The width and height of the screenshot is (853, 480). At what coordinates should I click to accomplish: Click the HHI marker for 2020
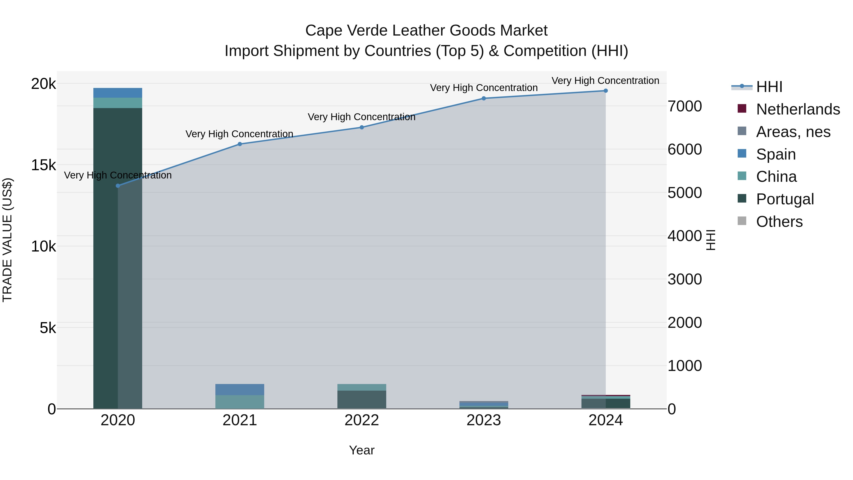point(118,186)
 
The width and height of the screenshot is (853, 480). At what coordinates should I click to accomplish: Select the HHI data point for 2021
point(240,144)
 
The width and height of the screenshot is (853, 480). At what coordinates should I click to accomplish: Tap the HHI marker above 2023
point(484,98)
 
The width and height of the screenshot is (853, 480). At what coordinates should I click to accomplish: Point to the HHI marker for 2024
point(606,91)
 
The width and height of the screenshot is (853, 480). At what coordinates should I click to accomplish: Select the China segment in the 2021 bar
point(240,402)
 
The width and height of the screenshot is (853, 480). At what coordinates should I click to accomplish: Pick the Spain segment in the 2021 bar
point(240,389)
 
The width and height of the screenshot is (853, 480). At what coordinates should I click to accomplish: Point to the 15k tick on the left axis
point(43,165)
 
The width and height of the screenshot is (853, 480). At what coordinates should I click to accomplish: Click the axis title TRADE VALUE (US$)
point(7,240)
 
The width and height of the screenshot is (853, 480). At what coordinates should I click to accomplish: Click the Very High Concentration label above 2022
point(362,117)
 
